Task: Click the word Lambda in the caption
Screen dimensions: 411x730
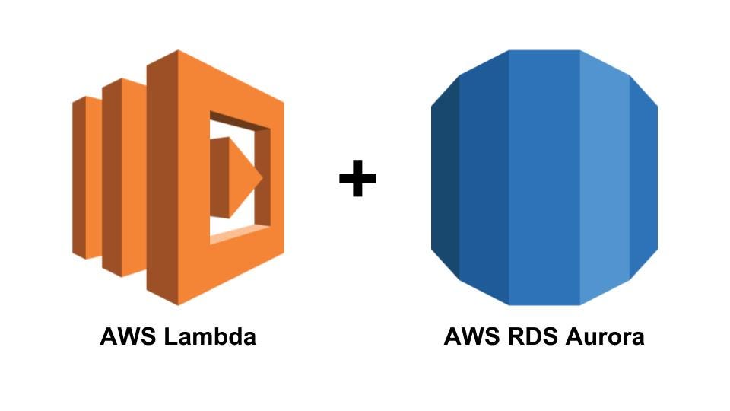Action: click(x=209, y=336)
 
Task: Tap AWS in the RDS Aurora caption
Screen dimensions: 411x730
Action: click(x=471, y=336)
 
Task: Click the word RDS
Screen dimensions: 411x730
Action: click(x=529, y=336)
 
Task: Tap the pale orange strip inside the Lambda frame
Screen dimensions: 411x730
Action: click(x=240, y=237)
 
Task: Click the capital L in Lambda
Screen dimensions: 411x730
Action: click(x=170, y=336)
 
